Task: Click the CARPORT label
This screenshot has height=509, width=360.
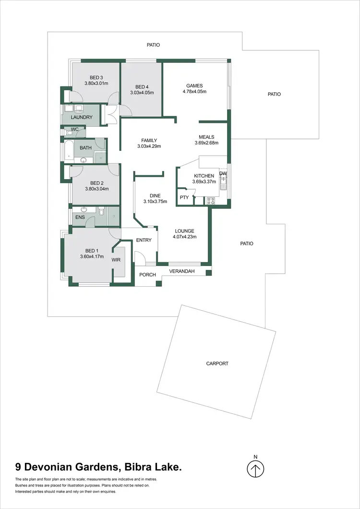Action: point(217,364)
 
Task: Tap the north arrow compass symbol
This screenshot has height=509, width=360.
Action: point(256,468)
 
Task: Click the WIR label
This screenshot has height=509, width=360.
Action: point(116,260)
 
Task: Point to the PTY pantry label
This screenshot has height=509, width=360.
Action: point(184,197)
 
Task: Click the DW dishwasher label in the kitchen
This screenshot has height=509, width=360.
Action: point(223,173)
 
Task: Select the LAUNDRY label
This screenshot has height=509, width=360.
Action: point(82,117)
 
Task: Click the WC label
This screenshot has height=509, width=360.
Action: point(74,130)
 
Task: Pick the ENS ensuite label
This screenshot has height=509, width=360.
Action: point(79,217)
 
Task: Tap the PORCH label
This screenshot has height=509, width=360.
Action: point(144,275)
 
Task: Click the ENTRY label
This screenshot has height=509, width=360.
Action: point(144,240)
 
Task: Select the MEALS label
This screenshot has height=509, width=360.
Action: point(206,137)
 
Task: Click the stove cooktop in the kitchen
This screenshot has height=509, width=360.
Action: point(210,201)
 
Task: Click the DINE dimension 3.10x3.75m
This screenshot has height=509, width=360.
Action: point(155,202)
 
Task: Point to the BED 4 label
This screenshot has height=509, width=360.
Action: point(142,86)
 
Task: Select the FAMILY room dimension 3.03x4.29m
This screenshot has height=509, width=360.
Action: point(149,146)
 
